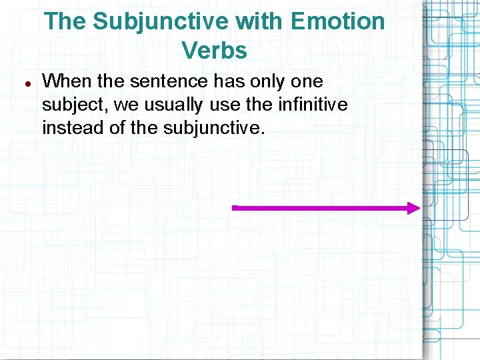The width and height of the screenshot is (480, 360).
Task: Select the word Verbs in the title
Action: pos(214,50)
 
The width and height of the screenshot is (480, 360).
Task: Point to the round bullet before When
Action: pos(29,84)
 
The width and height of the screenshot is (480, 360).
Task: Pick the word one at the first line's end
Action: pos(307,82)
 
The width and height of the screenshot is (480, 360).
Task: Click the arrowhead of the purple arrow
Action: pos(414,208)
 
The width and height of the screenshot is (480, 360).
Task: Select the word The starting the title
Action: pos(66,21)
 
